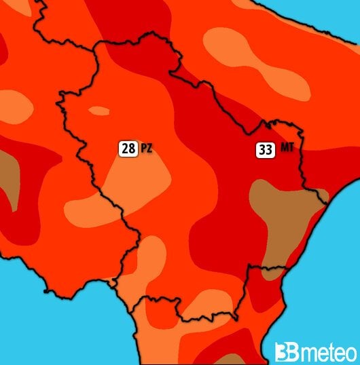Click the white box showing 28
(x=128, y=148)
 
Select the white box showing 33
(x=266, y=150)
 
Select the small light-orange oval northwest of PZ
(x=99, y=111)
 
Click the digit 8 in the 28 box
(x=131, y=148)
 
